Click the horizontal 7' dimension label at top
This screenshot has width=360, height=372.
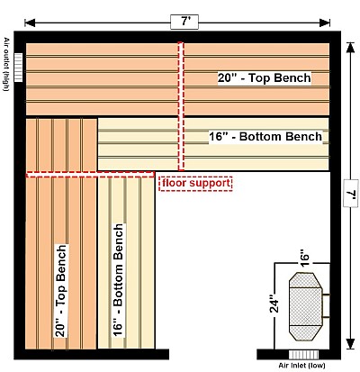pyautogui.click(x=184, y=22)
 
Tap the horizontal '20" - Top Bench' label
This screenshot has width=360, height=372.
pyautogui.click(x=265, y=78)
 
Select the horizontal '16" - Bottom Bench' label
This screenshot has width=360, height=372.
pyautogui.click(x=265, y=137)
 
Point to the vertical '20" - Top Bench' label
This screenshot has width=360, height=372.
pyautogui.click(x=61, y=290)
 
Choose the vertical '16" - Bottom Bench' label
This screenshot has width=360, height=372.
pyautogui.click(x=118, y=280)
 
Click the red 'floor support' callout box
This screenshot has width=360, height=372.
pyautogui.click(x=195, y=183)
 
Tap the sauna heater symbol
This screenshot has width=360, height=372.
pyautogui.click(x=309, y=306)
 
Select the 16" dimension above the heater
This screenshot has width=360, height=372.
pyautogui.click(x=304, y=258)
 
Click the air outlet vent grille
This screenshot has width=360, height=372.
pyautogui.click(x=18, y=68)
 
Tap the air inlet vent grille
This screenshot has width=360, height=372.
pyautogui.click(x=303, y=355)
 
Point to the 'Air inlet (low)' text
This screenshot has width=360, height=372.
pyautogui.click(x=301, y=366)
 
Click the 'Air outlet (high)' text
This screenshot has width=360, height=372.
pyautogui.click(x=6, y=64)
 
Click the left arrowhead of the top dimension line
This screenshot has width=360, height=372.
pyautogui.click(x=30, y=23)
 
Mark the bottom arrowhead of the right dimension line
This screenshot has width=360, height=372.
pyautogui.click(x=350, y=344)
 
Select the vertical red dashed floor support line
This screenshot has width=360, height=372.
pyautogui.click(x=181, y=106)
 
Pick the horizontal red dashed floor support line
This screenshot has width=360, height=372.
pyautogui.click(x=91, y=175)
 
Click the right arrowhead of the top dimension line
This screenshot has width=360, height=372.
pyautogui.click(x=325, y=23)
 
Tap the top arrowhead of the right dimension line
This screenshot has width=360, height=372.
pyautogui.click(x=350, y=48)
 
